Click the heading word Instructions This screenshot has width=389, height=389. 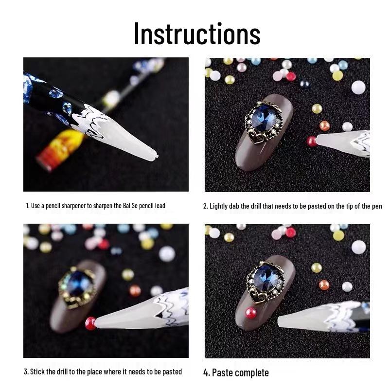pos(197,34)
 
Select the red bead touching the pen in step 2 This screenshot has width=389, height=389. pos(311,141)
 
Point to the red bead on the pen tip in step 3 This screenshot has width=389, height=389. pos(90,323)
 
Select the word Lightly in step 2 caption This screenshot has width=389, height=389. pos(220,206)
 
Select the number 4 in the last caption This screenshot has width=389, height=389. pos(206,373)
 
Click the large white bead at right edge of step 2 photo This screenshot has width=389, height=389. pos(358,88)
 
